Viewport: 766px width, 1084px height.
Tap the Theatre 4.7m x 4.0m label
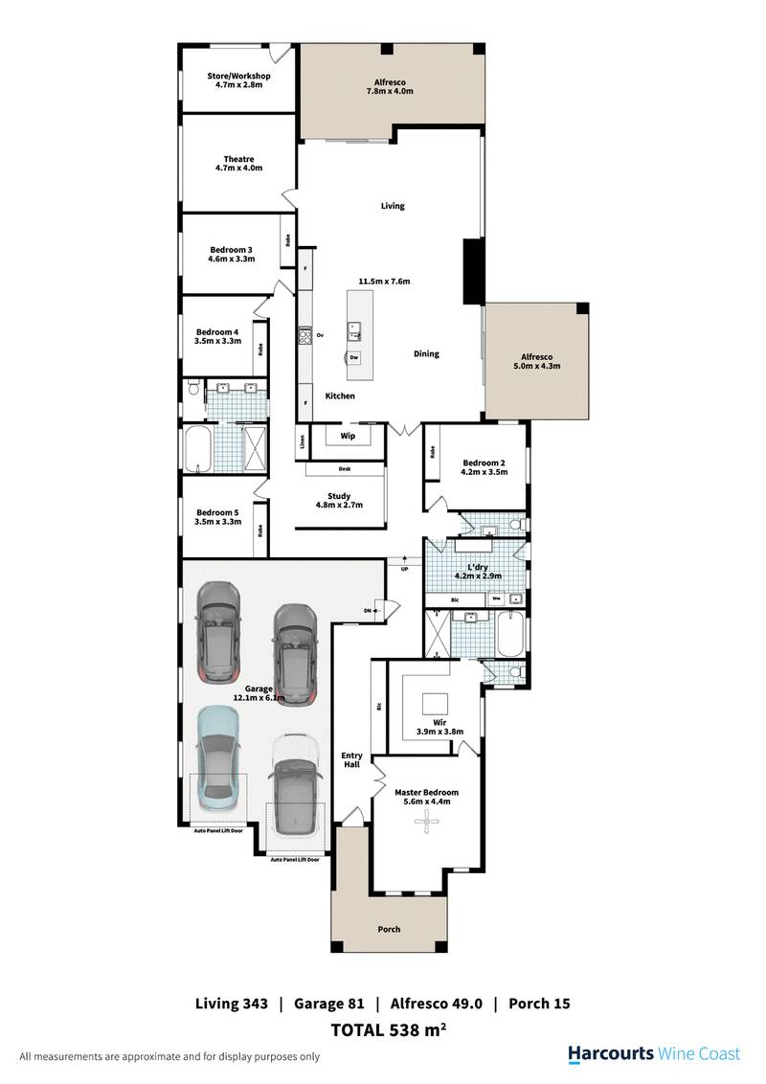tap(238, 164)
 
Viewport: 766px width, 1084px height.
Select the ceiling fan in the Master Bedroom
tap(421, 828)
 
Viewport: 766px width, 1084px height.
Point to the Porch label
tap(389, 929)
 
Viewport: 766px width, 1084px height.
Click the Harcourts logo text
tap(610, 1053)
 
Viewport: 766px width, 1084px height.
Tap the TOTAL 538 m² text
tap(390, 1030)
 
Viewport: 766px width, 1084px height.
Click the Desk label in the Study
tap(344, 469)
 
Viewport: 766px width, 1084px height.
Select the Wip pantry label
tap(348, 434)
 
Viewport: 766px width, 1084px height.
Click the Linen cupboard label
tap(303, 442)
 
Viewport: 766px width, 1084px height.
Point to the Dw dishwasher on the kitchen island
tap(354, 357)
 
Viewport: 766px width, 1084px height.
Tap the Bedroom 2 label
tap(483, 464)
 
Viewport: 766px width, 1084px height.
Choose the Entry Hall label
tap(351, 760)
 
